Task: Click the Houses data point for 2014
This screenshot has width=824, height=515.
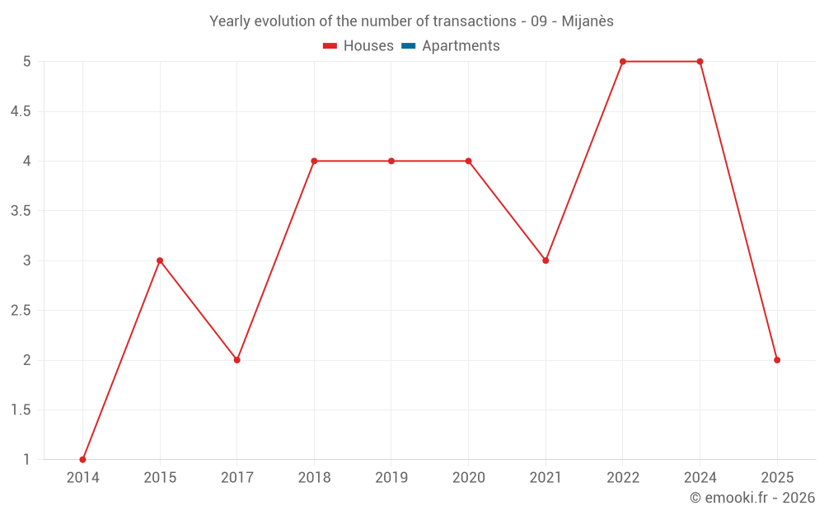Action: tap(82, 459)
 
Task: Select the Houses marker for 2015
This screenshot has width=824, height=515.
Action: tap(160, 260)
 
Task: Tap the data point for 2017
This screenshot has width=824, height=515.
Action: tap(236, 360)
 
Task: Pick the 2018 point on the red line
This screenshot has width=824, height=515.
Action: tap(314, 161)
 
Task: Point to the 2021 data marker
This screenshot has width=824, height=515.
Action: tap(545, 260)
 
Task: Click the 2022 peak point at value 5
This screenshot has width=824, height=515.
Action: tap(623, 62)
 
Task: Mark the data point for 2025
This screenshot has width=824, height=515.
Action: tap(777, 360)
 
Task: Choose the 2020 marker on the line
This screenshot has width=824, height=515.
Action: tap(468, 161)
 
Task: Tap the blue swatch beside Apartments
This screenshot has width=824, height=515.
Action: tap(408, 46)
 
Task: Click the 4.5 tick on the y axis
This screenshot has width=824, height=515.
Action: tap(21, 111)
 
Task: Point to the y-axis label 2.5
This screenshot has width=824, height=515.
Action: tap(21, 311)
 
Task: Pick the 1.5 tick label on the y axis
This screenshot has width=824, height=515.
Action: tap(21, 410)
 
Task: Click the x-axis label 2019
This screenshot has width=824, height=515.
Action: tap(391, 478)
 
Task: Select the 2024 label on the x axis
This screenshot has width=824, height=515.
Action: tap(700, 478)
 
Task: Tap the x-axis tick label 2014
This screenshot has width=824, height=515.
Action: tap(82, 478)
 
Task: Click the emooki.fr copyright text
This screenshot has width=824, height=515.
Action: tap(751, 498)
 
